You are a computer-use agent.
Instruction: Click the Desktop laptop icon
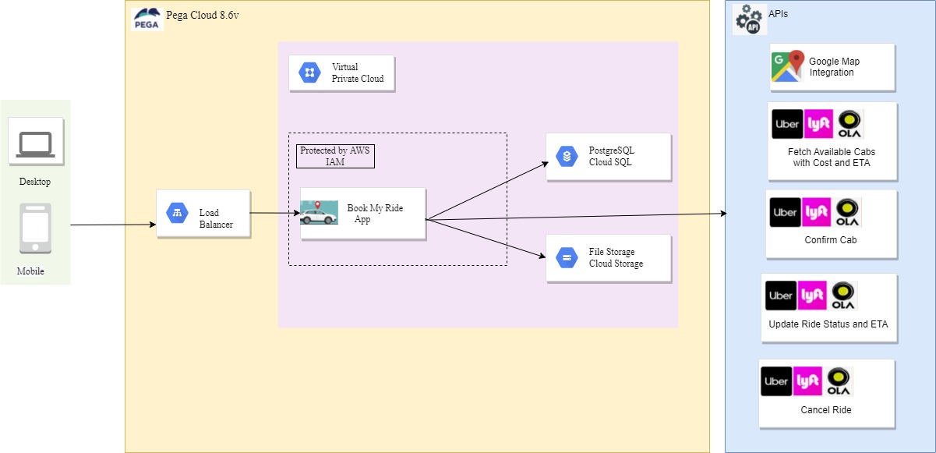pos(36,144)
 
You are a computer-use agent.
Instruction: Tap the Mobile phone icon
pos(36,228)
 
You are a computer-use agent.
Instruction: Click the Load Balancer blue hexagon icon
pos(177,213)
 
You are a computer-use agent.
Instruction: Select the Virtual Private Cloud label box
pos(341,73)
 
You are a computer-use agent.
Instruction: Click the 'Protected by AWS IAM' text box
pos(335,156)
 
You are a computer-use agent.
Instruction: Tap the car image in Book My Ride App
pos(320,213)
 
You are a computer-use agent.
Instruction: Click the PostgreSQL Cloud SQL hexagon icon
pos(567,156)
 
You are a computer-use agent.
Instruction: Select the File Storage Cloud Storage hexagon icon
pos(567,257)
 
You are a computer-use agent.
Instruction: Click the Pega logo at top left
pos(147,18)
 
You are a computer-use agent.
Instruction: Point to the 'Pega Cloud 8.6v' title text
pos(203,16)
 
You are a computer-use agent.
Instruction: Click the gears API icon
pos(750,19)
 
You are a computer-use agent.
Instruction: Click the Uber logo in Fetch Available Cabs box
pos(786,124)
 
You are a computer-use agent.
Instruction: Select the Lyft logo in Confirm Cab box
pos(817,212)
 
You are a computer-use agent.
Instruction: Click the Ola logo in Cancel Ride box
pos(839,381)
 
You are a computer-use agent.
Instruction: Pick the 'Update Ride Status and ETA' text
pos(828,324)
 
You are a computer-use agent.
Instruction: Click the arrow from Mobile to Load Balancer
pos(113,225)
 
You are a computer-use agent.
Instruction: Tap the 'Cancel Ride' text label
pos(826,410)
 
